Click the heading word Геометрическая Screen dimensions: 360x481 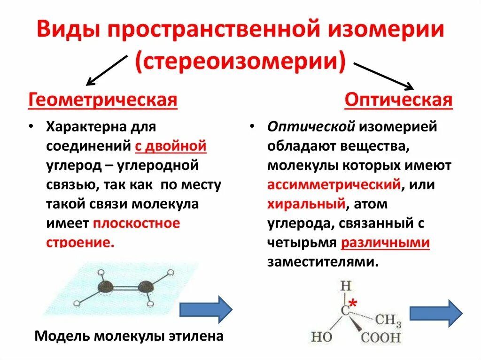pos(103,100)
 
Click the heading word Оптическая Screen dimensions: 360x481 pos(398,100)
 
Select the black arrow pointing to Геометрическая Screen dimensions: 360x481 pos(107,70)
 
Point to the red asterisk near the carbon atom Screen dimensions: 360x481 pos(352,305)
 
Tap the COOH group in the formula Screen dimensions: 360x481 pos(381,337)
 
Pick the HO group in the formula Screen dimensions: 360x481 pos(321,337)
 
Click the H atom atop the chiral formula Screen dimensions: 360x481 pos(346,286)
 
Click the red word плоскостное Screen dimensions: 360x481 pos(136,223)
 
